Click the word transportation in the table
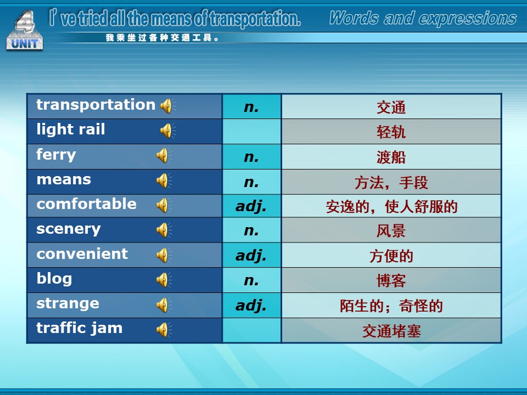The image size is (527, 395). pyautogui.click(x=96, y=105)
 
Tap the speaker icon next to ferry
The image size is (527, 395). pyautogui.click(x=164, y=155)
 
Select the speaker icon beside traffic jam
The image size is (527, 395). pyautogui.click(x=164, y=330)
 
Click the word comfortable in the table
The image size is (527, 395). pyautogui.click(x=86, y=204)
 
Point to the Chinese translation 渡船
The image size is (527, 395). pyautogui.click(x=391, y=157)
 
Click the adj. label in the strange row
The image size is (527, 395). pyautogui.click(x=251, y=306)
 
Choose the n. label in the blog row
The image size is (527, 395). pyautogui.click(x=251, y=281)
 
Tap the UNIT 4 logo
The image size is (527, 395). pyautogui.click(x=25, y=31)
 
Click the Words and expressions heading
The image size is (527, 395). pyautogui.click(x=423, y=18)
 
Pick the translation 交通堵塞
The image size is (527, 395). pyautogui.click(x=391, y=331)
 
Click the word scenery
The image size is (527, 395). pyautogui.click(x=69, y=229)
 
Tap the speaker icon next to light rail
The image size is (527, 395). pyautogui.click(x=168, y=131)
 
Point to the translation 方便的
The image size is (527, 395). pyautogui.click(x=391, y=256)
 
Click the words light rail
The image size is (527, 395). pyautogui.click(x=71, y=129)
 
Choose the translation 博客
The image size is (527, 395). pyautogui.click(x=391, y=281)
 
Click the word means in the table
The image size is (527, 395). pyautogui.click(x=64, y=180)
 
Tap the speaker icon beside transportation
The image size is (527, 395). pyautogui.click(x=168, y=106)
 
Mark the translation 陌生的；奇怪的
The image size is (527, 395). pyautogui.click(x=391, y=306)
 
